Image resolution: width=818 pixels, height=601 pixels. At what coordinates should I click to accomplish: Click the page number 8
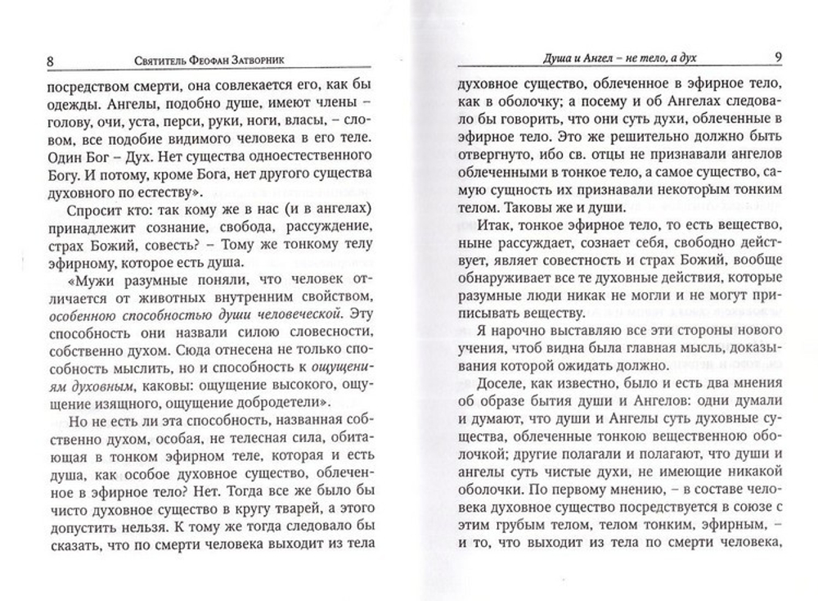click(29, 59)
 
